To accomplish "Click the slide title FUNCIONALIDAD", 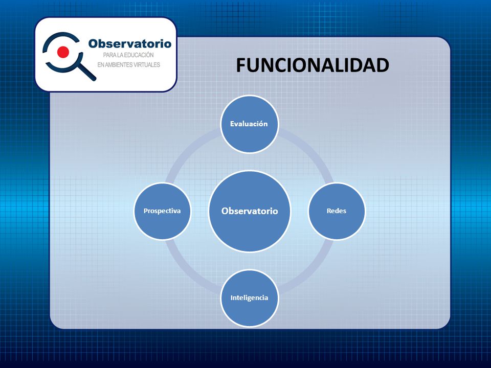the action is tap(312, 65).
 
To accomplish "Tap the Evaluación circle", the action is tap(249, 124).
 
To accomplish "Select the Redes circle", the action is tap(337, 211).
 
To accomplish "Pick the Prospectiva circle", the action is tap(162, 211).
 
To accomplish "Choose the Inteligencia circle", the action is tap(249, 298).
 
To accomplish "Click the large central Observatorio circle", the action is tap(250, 211).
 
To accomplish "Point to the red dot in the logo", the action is tap(63, 52).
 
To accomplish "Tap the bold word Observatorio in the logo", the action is tap(129, 43).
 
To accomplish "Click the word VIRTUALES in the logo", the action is tap(147, 65).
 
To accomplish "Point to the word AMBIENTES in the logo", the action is tap(118, 65).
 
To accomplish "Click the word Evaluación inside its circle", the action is tap(249, 124).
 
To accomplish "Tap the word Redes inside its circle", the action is tap(337, 211).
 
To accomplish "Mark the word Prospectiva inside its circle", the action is tap(162, 211).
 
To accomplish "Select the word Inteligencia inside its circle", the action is tap(249, 298).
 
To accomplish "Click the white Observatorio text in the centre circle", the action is tap(250, 211).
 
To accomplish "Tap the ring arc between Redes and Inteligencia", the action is tap(309, 271).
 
